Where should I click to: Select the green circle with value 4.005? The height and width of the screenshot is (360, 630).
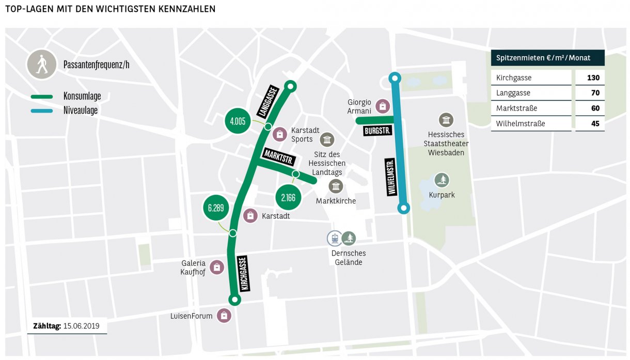238,121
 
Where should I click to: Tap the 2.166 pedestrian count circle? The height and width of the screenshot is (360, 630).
288,198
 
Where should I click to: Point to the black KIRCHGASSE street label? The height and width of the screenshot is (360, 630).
244,274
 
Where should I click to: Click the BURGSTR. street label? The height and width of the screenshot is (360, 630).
377,131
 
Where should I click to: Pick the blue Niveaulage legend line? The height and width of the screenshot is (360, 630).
42,111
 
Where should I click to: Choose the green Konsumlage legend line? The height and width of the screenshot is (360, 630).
42,97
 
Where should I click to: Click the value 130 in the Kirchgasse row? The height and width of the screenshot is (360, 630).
592,78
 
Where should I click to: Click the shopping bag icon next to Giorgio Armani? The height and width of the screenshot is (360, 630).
382,106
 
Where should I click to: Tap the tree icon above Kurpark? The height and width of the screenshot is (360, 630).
442,180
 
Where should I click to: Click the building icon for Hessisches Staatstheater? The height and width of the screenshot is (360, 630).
446,120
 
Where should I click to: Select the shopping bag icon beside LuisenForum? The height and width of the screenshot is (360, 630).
224,316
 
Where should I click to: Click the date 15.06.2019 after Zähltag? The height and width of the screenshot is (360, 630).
82,326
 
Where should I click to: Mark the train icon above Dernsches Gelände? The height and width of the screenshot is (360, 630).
335,238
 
